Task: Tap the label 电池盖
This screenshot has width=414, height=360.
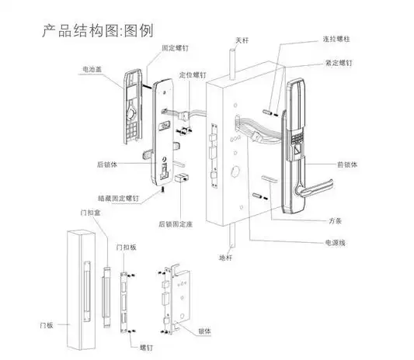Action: [x=92, y=70]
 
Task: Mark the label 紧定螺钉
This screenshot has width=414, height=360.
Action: [x=337, y=63]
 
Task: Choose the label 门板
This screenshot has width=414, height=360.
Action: [x=48, y=320]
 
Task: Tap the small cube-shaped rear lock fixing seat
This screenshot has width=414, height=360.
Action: [x=183, y=178]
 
